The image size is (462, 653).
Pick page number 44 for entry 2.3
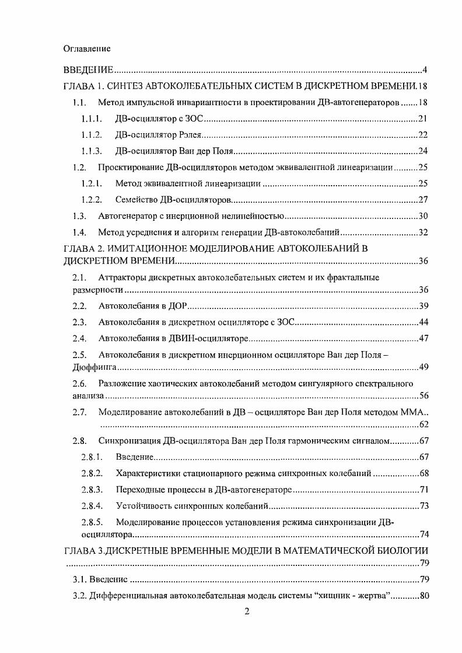pos(423,322)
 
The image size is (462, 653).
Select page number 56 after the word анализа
pos(423,396)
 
